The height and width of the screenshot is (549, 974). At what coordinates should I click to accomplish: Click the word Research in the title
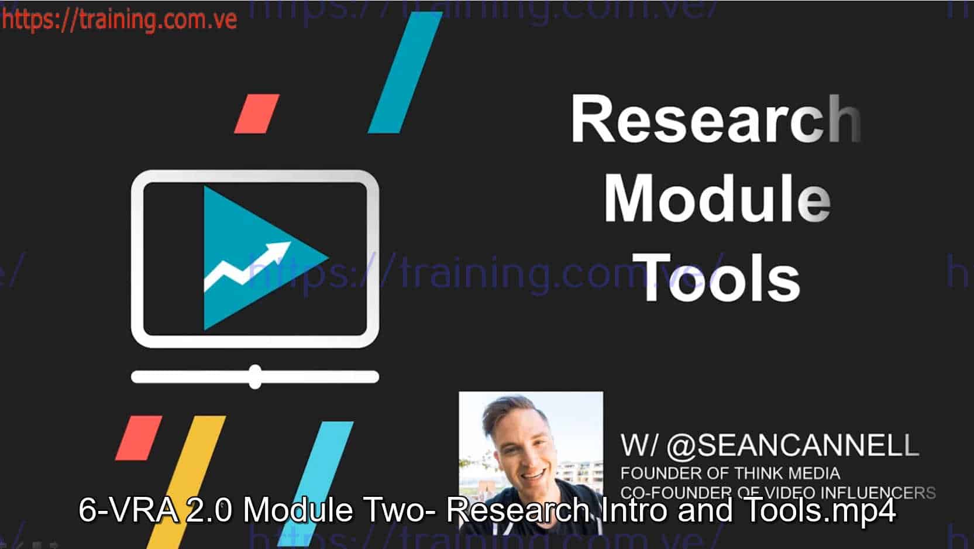point(715,119)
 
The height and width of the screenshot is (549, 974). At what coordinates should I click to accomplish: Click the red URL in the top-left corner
point(119,19)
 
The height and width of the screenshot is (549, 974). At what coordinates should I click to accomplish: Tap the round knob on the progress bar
point(255,377)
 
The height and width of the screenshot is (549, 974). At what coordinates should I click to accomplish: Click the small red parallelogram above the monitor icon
point(257,114)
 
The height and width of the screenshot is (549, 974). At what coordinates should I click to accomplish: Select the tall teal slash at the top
point(405,72)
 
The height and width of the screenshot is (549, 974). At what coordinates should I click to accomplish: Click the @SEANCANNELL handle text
point(792,446)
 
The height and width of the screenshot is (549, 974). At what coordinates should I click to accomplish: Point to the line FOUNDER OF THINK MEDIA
point(730,473)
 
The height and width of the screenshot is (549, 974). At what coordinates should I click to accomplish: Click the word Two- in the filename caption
point(404,510)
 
